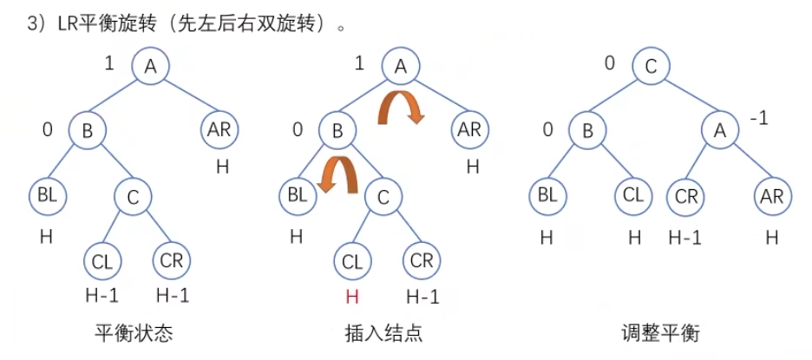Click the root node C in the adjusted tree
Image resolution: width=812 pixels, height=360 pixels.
(650, 67)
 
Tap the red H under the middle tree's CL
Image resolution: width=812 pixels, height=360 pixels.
(351, 296)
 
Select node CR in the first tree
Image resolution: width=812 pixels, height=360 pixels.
(173, 261)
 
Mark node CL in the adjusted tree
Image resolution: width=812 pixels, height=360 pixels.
(633, 196)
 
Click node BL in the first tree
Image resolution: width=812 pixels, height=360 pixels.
(48, 196)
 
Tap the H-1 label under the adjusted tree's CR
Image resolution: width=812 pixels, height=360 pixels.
(685, 236)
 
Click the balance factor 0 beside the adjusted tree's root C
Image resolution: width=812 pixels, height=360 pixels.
(609, 62)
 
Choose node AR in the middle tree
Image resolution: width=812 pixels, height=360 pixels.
(469, 132)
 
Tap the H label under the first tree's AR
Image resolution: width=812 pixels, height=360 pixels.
(223, 166)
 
